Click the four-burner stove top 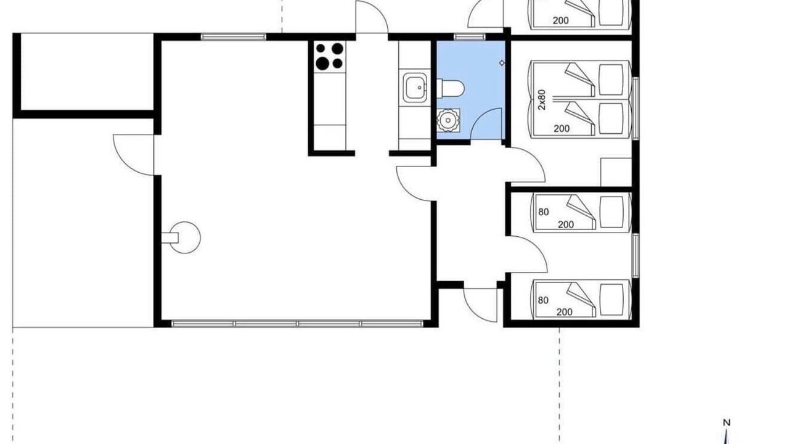(x=330, y=57)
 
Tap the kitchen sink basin (x=415, y=88)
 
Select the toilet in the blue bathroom (x=451, y=88)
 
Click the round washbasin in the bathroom (x=448, y=120)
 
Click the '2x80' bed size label (x=542, y=100)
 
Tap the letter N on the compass (x=726, y=422)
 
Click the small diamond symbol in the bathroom (x=502, y=63)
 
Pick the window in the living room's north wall (x=234, y=36)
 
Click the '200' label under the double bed (x=562, y=129)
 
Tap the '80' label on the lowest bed (x=543, y=300)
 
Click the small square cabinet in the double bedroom (x=616, y=172)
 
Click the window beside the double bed (x=636, y=109)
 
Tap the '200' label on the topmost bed (x=560, y=20)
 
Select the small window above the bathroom (x=470, y=36)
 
